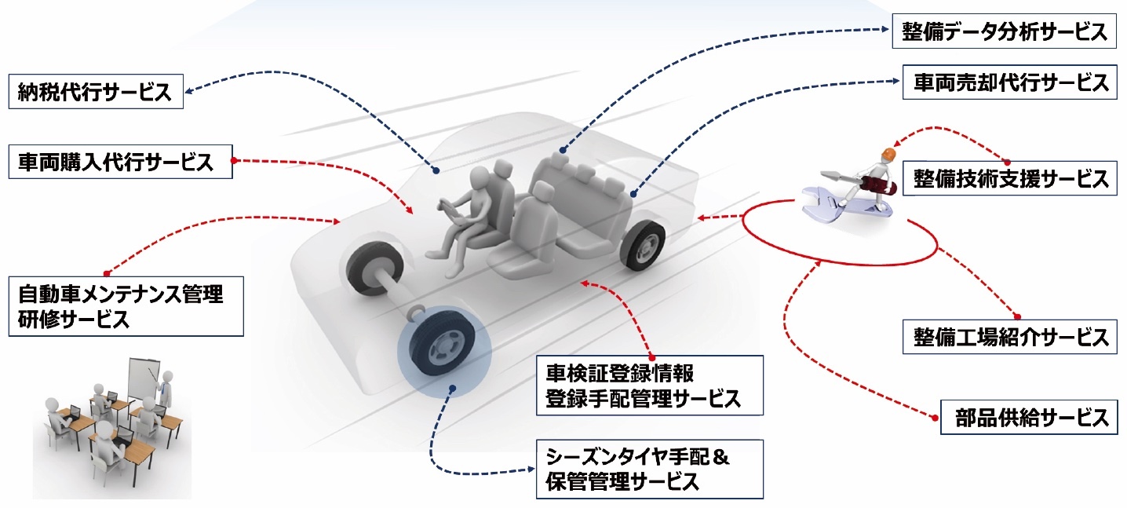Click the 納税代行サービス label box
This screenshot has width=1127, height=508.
(x=95, y=92)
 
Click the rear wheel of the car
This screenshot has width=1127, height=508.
(x=643, y=243)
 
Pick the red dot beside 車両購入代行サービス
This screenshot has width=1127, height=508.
(x=233, y=161)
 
